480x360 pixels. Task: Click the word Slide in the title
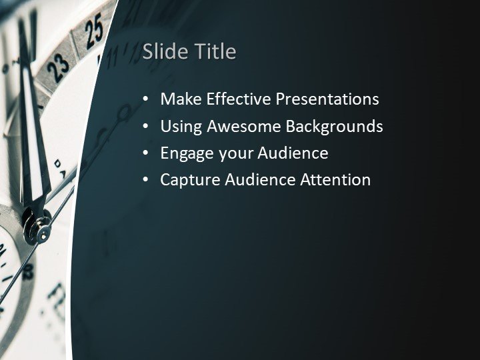click(x=161, y=51)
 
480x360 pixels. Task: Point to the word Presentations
click(x=327, y=99)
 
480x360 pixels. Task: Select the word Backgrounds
click(x=335, y=126)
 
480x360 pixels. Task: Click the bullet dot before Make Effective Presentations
click(x=146, y=100)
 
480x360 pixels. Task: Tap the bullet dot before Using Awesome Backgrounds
click(x=146, y=127)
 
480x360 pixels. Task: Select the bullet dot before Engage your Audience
click(x=146, y=153)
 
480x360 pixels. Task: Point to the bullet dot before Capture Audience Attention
click(x=146, y=180)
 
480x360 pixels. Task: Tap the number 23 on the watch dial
click(x=58, y=65)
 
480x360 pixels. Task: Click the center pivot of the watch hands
click(x=43, y=234)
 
